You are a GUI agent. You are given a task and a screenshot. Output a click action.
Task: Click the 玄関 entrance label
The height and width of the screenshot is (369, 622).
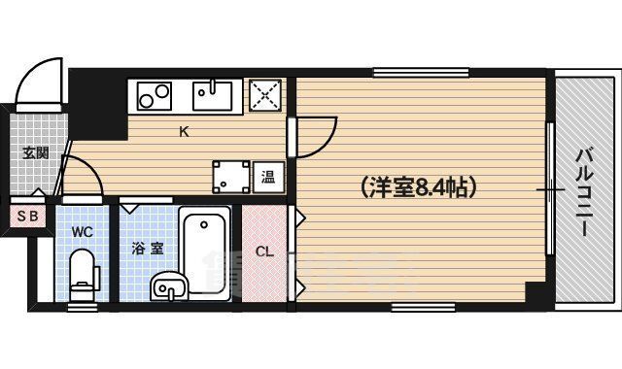36,151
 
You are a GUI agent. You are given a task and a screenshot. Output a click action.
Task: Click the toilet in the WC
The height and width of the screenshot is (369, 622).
85,271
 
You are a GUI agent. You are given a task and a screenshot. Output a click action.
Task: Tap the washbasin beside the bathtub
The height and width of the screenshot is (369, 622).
168,286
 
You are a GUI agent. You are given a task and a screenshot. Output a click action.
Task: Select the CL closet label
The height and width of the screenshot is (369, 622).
264,252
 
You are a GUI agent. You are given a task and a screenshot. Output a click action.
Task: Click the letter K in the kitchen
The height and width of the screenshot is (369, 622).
183,134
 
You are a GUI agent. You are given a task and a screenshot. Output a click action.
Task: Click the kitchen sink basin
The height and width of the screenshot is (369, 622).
212,95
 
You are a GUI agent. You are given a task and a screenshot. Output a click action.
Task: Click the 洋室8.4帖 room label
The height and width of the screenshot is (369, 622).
417,186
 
